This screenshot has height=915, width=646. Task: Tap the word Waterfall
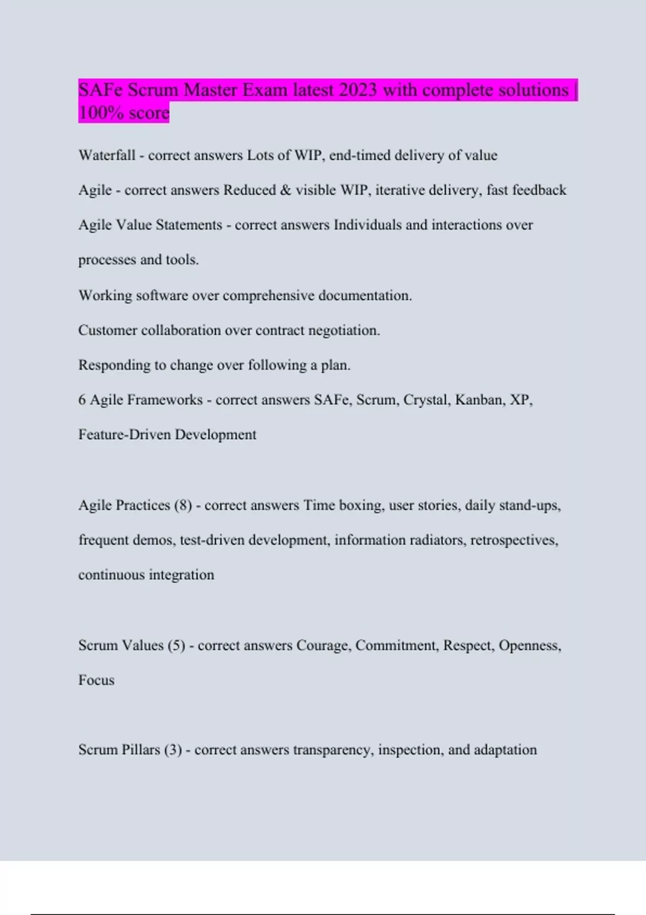pos(107,156)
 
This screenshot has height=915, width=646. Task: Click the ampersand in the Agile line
pos(285,190)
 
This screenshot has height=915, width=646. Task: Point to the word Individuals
pos(368,225)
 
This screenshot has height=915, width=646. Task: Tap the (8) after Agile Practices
pos(183,505)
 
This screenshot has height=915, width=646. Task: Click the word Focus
pos(96,680)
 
